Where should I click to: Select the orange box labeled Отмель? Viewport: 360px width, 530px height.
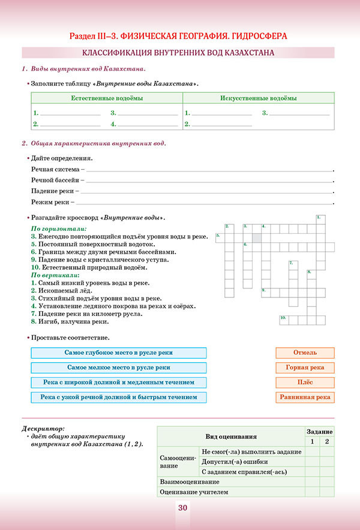pos(305,353)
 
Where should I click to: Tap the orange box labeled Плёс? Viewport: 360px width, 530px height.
pos(305,382)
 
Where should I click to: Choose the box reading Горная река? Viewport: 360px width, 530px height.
pos(305,368)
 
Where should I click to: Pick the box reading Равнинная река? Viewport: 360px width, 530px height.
pos(305,397)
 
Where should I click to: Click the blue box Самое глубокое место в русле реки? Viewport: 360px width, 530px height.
pos(118,353)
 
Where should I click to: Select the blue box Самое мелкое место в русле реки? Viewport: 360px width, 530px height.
pos(118,368)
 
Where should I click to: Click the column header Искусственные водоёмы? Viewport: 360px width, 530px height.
pos(258,98)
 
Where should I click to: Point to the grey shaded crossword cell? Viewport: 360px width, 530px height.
pos(256,237)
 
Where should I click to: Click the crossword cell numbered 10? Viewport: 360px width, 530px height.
pos(284,320)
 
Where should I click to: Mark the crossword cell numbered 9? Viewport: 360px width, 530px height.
pos(265,292)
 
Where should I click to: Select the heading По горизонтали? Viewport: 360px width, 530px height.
pos(58,229)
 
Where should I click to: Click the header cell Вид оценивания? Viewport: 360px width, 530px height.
pos(230,436)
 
